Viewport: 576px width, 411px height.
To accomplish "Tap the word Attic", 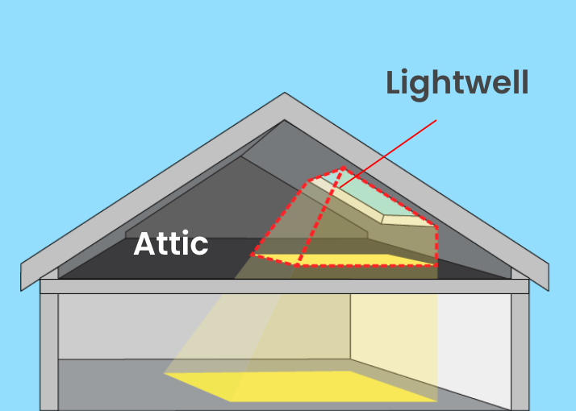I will point(171,243).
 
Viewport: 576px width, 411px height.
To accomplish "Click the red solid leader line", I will point(387,154).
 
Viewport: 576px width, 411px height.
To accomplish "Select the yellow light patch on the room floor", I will point(298,384).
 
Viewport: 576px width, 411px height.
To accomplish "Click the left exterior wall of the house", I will point(49,351).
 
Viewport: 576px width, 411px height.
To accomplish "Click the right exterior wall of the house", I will point(520,351).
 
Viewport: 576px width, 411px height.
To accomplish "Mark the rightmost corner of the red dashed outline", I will point(438,228).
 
